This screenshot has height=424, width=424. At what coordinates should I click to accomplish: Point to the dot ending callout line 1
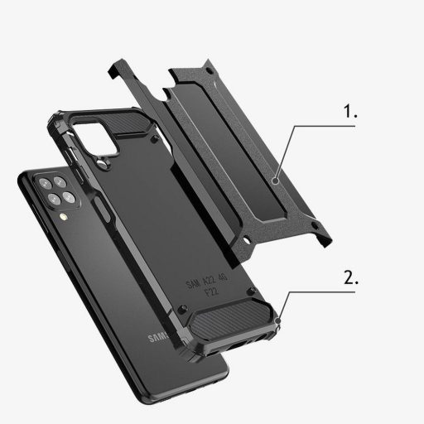pyautogui.click(x=276, y=176)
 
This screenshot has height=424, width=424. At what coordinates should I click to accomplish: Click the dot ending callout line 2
pyautogui.click(x=282, y=320)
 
